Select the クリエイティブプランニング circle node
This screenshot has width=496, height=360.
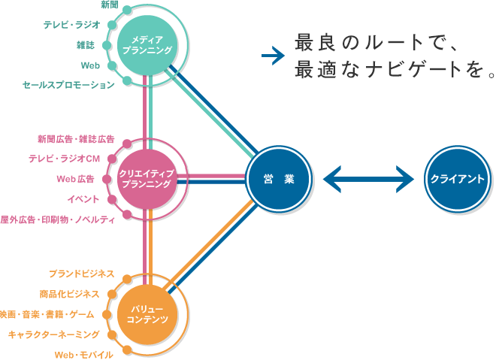[152, 179]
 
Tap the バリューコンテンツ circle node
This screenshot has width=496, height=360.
[152, 313]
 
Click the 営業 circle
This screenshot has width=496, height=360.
[278, 179]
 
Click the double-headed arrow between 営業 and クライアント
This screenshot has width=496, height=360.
[368, 179]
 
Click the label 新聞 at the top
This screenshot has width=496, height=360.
[109, 5]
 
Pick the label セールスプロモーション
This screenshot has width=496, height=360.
[68, 86]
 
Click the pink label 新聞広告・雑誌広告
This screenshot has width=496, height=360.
[75, 139]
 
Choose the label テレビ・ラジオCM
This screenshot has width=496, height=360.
[64, 159]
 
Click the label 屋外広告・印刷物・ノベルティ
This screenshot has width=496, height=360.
[58, 219]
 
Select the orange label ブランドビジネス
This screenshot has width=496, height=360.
[81, 273]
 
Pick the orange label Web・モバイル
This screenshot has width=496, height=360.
[83, 354]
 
